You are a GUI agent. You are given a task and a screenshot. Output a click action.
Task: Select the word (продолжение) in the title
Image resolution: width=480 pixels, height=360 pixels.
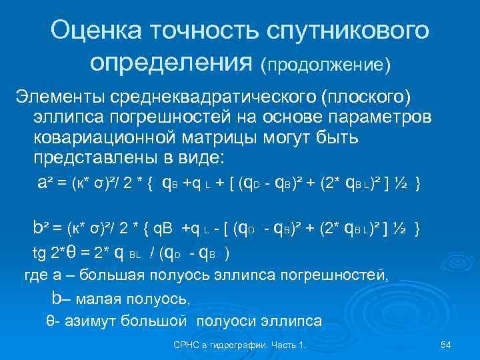[326, 65]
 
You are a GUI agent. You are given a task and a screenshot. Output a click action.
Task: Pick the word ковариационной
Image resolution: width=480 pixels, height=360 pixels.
[104, 138]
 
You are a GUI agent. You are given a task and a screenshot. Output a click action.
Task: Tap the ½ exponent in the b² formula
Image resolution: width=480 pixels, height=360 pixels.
[401, 228]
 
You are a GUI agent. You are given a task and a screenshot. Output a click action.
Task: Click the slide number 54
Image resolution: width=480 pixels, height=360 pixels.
[447, 345]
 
